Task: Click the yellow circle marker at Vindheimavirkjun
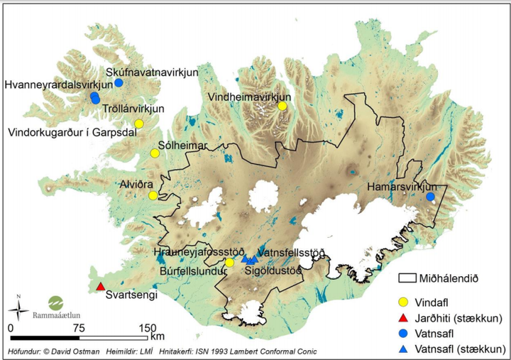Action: (282, 106)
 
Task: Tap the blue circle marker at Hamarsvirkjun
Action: (430, 197)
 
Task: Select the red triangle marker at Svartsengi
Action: (99, 287)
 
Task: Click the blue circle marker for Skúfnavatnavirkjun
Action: (119, 82)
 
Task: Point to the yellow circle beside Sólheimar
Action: (155, 153)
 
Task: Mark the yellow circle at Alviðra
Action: (153, 195)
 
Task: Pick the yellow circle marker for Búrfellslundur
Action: (229, 263)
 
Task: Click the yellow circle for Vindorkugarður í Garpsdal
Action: (139, 124)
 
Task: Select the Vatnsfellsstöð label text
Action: (292, 252)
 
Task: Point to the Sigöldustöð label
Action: (273, 271)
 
